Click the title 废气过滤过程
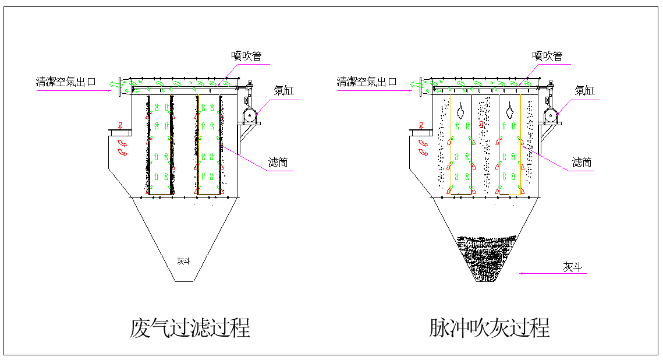click(x=190, y=328)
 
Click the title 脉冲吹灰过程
click(x=490, y=328)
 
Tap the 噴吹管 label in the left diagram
click(x=246, y=56)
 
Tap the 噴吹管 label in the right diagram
click(x=547, y=56)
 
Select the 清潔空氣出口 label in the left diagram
click(x=66, y=82)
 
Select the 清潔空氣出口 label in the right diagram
click(x=367, y=82)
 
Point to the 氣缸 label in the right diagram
click(x=584, y=90)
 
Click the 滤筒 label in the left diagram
click(x=278, y=162)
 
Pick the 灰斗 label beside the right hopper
click(x=572, y=267)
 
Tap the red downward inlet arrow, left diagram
click(x=120, y=125)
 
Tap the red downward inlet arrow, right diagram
click(x=421, y=125)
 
